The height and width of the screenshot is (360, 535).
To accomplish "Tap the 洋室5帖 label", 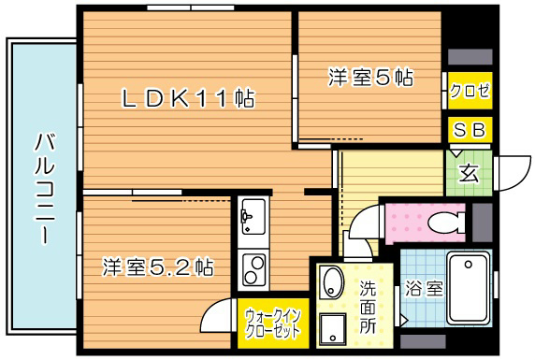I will (370, 78).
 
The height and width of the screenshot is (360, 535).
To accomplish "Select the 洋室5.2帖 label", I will (158, 267).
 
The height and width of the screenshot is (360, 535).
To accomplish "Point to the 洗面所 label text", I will (368, 307).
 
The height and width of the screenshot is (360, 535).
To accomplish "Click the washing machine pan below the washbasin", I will (333, 327).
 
